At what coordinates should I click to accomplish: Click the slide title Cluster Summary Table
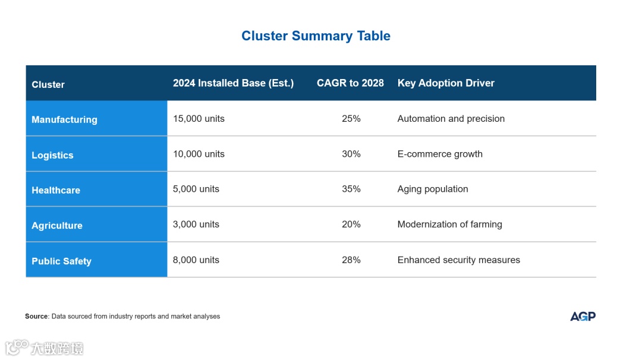point(316,36)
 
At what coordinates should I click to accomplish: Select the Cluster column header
point(48,84)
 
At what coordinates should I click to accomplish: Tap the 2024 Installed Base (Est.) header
point(233,83)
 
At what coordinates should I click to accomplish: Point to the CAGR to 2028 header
point(350,83)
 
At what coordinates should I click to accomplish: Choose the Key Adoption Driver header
point(446,83)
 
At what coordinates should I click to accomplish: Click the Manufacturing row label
point(64,119)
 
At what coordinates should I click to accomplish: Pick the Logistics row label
point(52,155)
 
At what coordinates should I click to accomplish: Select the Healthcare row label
point(56,190)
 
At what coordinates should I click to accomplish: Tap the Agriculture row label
point(57,226)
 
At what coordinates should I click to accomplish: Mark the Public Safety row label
point(61,261)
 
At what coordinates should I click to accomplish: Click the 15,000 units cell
point(199,119)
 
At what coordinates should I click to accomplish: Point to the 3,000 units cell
point(196,225)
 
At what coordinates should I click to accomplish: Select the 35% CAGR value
point(351,189)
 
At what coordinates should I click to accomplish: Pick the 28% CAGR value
point(351,260)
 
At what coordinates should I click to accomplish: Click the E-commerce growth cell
point(440,154)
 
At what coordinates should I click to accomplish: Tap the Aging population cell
point(433,189)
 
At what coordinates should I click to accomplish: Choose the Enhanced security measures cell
point(458,260)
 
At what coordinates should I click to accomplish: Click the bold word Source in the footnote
point(36,317)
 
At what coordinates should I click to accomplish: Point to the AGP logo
point(583,316)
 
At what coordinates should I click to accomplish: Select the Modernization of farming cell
point(449,225)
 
